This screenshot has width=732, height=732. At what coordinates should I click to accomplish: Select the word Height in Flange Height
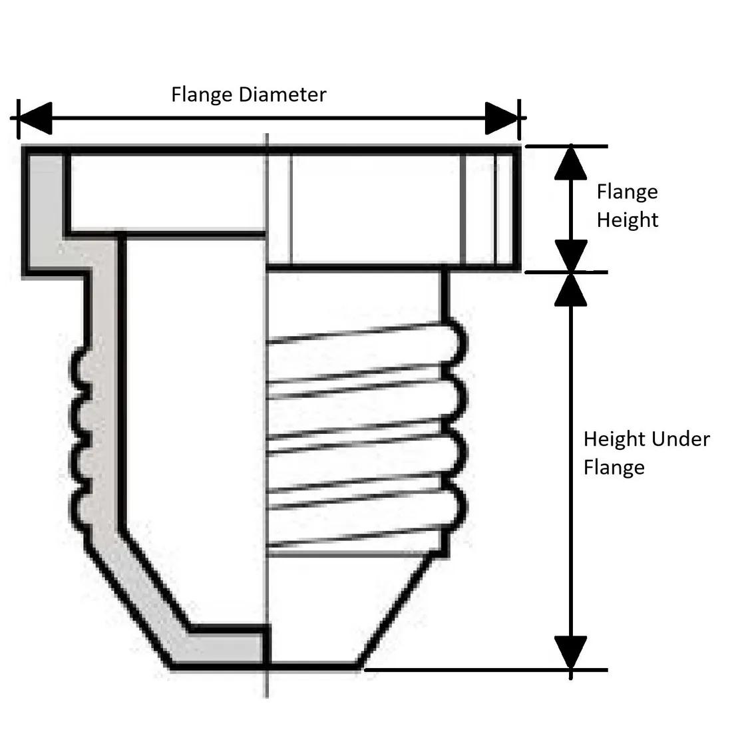[627, 220]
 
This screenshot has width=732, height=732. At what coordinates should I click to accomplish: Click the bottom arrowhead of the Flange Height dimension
[570, 255]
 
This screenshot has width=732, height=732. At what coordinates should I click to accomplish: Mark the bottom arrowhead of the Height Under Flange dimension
[570, 652]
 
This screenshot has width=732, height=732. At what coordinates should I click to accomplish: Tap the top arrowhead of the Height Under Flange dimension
[570, 289]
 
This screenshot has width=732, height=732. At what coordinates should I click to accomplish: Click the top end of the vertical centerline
[266, 136]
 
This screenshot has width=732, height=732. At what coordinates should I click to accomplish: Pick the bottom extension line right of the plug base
[486, 669]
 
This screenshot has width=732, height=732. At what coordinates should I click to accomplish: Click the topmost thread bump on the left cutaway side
[78, 366]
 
